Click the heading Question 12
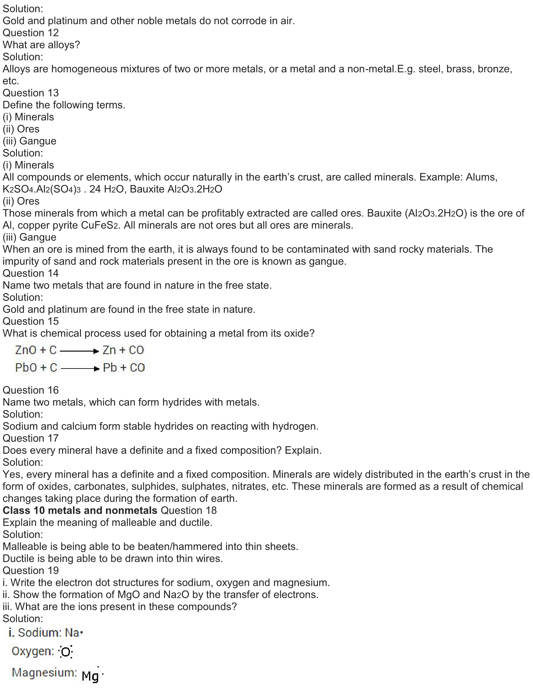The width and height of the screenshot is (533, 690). point(31,33)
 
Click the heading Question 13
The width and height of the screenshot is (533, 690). point(31,93)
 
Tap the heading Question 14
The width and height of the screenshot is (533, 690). point(31,273)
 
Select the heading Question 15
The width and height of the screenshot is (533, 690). point(31,321)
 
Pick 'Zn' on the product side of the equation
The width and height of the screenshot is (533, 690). point(109,350)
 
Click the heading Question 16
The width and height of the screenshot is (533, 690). point(31,390)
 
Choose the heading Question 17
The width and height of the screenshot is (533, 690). point(31,438)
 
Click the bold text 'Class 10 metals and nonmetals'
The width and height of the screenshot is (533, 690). point(80,511)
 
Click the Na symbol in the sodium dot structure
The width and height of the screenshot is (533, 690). point(72,633)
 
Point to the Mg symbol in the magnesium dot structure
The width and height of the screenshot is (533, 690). point(90,676)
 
